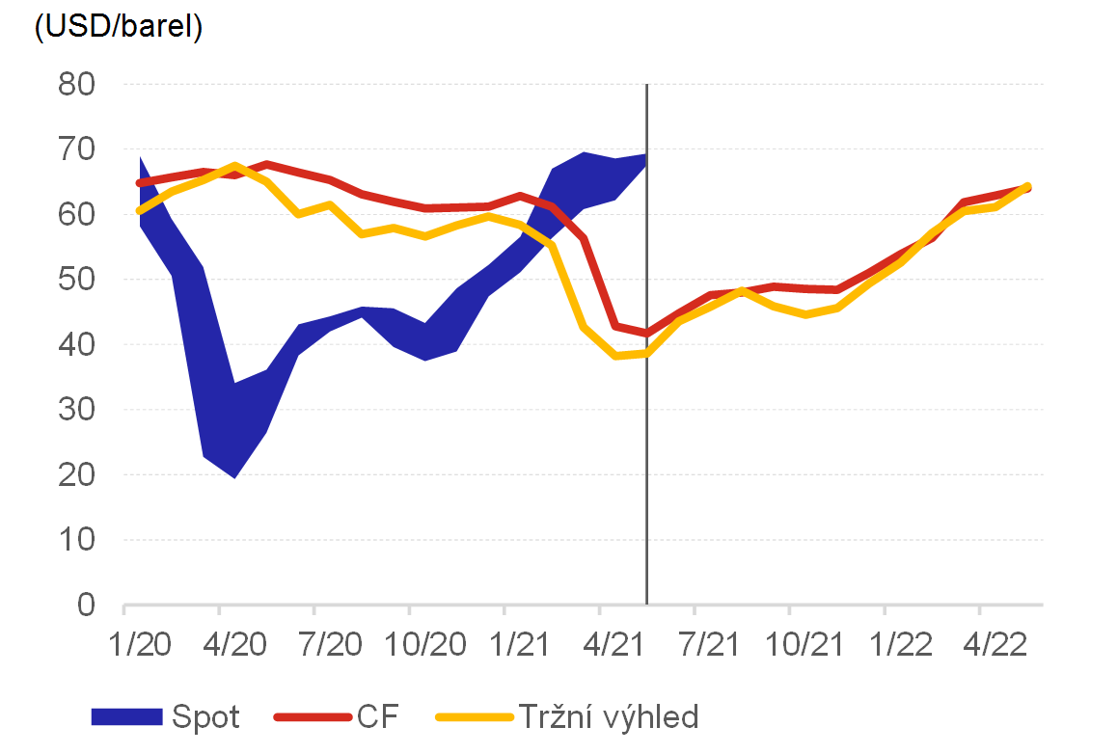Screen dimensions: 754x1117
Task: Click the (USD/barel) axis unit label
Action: pyautogui.click(x=118, y=28)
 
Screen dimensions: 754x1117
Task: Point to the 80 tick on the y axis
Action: pyautogui.click(x=79, y=85)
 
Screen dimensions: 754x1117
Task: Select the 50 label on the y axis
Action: pyautogui.click(x=79, y=280)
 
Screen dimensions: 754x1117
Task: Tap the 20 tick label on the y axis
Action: pyautogui.click(x=79, y=474)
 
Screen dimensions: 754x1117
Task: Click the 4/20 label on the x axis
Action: pyautogui.click(x=220, y=642)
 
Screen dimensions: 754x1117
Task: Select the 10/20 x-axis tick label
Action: pyautogui.click(x=409, y=642)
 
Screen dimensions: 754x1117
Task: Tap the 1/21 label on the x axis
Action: pyautogui.click(x=504, y=642)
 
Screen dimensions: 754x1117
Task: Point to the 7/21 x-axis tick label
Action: pyautogui.click(x=695, y=642)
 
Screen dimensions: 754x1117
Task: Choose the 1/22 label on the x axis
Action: pyautogui.click(x=885, y=642)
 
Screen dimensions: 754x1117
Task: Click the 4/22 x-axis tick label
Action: pyautogui.click(x=979, y=642)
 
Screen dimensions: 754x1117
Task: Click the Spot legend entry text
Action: pyautogui.click(x=205, y=717)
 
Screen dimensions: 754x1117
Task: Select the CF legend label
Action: pyautogui.click(x=378, y=717)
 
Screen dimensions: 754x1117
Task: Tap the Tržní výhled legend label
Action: pyautogui.click(x=608, y=717)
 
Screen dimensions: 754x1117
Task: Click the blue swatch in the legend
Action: pyautogui.click(x=126, y=717)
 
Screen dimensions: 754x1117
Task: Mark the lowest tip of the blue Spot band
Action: pyautogui.click(x=234, y=477)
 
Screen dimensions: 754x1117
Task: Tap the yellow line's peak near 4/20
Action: pyautogui.click(x=236, y=166)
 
